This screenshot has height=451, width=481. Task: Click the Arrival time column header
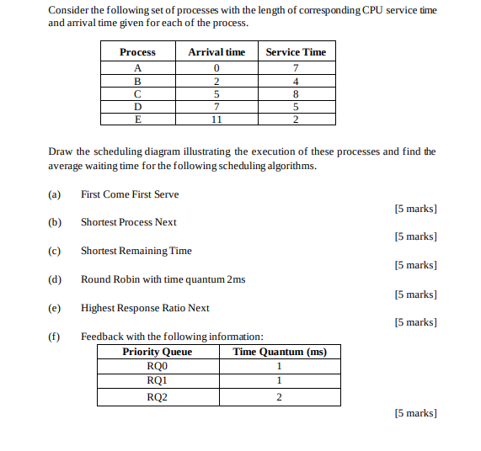(216, 52)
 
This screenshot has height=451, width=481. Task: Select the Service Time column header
(296, 52)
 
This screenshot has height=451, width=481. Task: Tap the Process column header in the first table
(137, 52)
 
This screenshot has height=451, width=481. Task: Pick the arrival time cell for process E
(216, 119)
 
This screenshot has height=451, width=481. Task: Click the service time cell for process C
(296, 94)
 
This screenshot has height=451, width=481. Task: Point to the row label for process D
(137, 107)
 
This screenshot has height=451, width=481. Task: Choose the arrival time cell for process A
(216, 68)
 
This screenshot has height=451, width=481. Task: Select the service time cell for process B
(296, 82)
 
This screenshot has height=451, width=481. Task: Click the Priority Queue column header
(157, 352)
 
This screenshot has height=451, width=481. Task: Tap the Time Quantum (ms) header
(279, 352)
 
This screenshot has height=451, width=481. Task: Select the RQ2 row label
(157, 397)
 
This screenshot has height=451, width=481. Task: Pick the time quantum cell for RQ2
(279, 397)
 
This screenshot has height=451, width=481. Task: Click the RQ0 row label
(157, 366)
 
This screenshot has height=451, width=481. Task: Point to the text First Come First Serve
(130, 194)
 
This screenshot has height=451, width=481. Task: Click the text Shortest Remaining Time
(136, 251)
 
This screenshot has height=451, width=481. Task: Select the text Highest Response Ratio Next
(145, 308)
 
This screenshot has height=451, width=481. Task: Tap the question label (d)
(56, 279)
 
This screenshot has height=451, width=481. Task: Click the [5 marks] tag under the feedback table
(415, 413)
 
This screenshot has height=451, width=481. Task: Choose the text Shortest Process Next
(129, 222)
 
